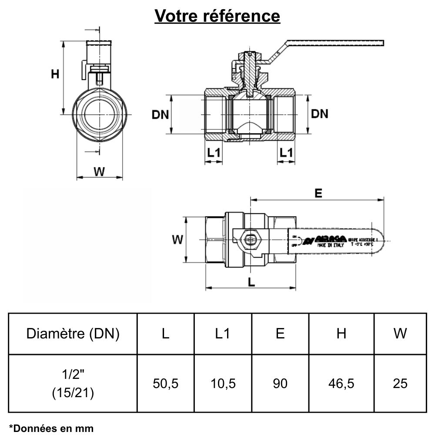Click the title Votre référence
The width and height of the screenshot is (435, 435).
[217, 16]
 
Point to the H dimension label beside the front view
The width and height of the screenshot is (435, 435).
[55, 74]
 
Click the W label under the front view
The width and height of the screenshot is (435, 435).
[100, 171]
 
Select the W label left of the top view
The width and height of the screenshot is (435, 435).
[177, 239]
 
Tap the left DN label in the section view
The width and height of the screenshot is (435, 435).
[160, 114]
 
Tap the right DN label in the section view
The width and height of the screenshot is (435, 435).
[320, 114]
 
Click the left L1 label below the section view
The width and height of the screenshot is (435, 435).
[214, 153]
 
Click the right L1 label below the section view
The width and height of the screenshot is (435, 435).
[286, 153]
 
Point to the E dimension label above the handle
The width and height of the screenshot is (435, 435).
[318, 194]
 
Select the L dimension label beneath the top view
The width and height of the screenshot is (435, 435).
[251, 282]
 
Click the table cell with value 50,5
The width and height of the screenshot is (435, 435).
[166, 383]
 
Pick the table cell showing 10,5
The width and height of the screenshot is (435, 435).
[223, 383]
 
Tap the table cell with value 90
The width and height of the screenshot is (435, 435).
[280, 383]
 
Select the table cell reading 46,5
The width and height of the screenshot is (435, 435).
[341, 383]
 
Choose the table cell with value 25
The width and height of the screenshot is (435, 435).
[400, 383]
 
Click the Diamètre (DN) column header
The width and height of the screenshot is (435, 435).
[73, 334]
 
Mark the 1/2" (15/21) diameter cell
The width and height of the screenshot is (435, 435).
[73, 383]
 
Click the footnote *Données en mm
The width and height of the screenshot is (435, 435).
[51, 428]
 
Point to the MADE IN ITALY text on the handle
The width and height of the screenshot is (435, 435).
[330, 245]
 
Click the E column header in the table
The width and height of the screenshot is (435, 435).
[280, 334]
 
